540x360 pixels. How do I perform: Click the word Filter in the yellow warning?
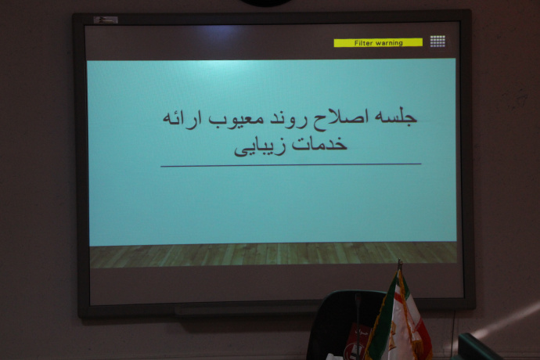[364, 43]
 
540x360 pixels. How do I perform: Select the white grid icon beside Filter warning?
[437, 41]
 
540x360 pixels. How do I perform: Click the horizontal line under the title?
[290, 165]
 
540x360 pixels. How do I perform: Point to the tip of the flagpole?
[398, 263]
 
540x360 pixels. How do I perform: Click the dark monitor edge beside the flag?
[477, 347]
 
